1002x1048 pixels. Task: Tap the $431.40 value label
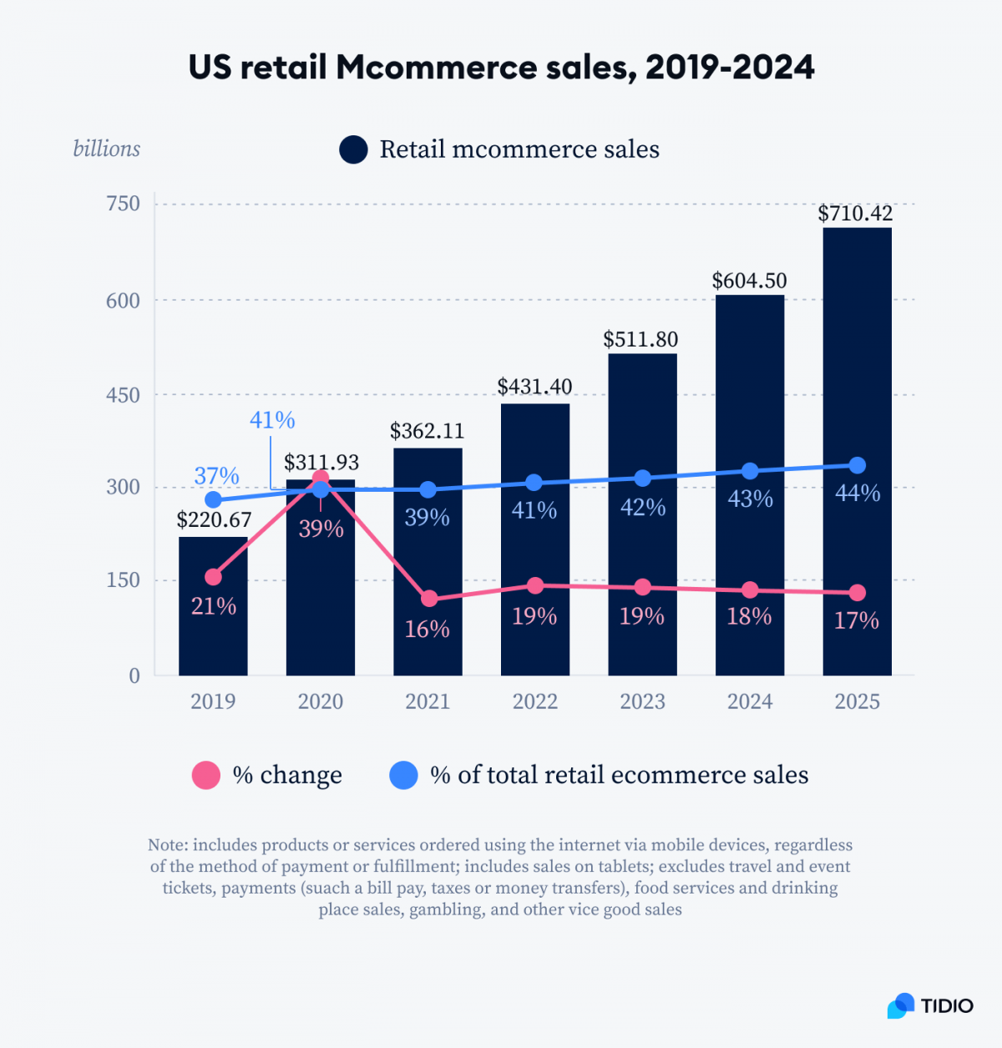point(534,387)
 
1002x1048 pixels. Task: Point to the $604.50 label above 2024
point(749,281)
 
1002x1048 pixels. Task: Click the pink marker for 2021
point(428,599)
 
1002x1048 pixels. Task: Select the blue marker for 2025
point(857,465)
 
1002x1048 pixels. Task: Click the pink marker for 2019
point(213,577)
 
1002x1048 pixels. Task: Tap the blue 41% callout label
point(272,420)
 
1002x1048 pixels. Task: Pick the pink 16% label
point(427,629)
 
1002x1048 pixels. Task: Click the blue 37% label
point(216,476)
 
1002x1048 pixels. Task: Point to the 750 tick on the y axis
point(123,204)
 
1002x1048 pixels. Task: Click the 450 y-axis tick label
point(123,395)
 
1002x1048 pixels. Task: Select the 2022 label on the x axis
point(534,701)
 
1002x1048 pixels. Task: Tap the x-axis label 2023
point(642,701)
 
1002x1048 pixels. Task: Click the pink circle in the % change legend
point(206,775)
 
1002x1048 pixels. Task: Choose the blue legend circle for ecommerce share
point(403,775)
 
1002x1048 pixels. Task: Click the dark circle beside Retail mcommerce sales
point(353,149)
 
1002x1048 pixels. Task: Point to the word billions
point(106,149)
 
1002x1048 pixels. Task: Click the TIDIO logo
point(930,1005)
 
